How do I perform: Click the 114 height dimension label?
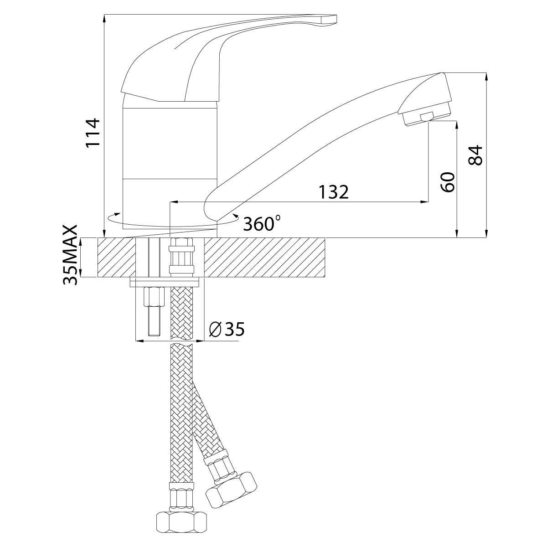click(93, 133)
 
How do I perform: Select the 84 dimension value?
click(475, 155)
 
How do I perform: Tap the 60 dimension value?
click(448, 182)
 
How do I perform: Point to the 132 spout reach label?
click(333, 192)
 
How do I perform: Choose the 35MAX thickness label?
click(70, 255)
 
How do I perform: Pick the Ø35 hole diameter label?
click(226, 329)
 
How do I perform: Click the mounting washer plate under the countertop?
click(165, 283)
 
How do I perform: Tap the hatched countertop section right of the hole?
click(264, 257)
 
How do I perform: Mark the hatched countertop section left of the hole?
click(117, 257)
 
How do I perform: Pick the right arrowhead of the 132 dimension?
click(424, 202)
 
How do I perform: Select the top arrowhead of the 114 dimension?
click(104, 18)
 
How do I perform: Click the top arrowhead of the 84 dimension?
click(486, 77)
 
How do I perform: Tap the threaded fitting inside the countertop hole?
click(182, 257)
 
